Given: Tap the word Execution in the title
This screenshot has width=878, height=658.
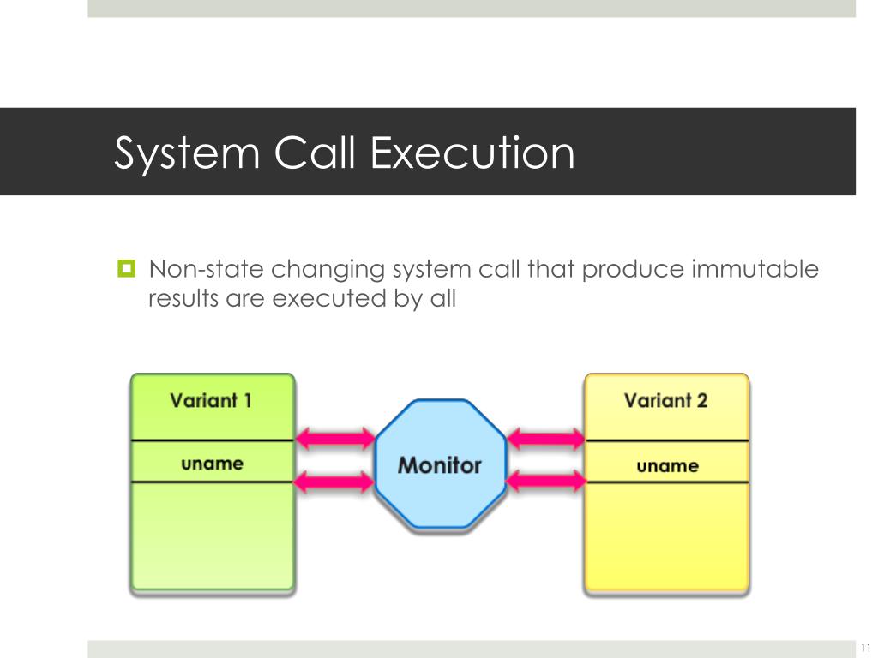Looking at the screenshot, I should pyautogui.click(x=472, y=154).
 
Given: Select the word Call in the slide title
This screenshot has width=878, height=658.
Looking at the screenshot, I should pyautogui.click(x=316, y=154).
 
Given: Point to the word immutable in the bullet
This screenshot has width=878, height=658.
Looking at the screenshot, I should pyautogui.click(x=755, y=270).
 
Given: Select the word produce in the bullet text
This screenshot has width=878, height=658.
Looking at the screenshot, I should pyautogui.click(x=633, y=270).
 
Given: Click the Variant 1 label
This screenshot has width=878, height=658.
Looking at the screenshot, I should pyautogui.click(x=211, y=400).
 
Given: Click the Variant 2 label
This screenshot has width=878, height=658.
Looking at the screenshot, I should pyautogui.click(x=666, y=400).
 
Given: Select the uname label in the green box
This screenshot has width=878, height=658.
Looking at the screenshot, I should pyautogui.click(x=212, y=464).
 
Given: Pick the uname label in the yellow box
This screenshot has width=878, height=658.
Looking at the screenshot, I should pyautogui.click(x=667, y=466).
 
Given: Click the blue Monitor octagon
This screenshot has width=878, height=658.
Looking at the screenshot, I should pyautogui.click(x=440, y=465).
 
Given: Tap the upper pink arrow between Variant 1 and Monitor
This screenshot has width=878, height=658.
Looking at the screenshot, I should pyautogui.click(x=335, y=439).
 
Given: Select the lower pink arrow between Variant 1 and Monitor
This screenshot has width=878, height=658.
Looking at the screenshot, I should pyautogui.click(x=335, y=482).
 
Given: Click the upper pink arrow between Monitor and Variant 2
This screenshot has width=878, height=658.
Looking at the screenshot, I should pyautogui.click(x=545, y=439).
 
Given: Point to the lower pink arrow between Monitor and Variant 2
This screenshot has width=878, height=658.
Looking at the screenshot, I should pyautogui.click(x=545, y=482).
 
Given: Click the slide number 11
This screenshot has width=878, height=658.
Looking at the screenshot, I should pyautogui.click(x=865, y=646).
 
